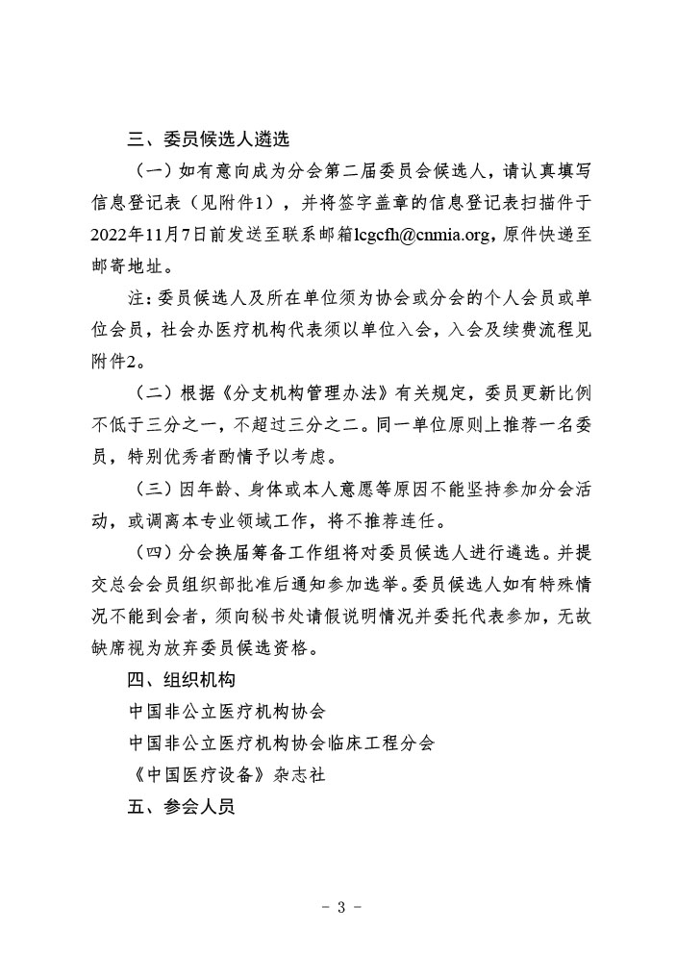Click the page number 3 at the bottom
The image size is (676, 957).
[338, 907]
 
